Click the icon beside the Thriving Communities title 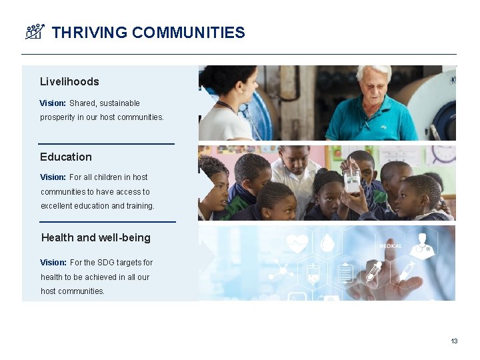[x=35, y=31]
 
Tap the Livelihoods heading [x=69, y=81]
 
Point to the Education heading [x=66, y=157]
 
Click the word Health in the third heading [x=58, y=237]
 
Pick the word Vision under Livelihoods [x=53, y=103]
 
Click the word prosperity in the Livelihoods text [x=58, y=117]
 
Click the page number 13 [x=454, y=341]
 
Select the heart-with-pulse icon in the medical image [x=296, y=243]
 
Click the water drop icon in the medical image [x=327, y=244]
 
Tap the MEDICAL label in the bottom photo [x=391, y=246]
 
